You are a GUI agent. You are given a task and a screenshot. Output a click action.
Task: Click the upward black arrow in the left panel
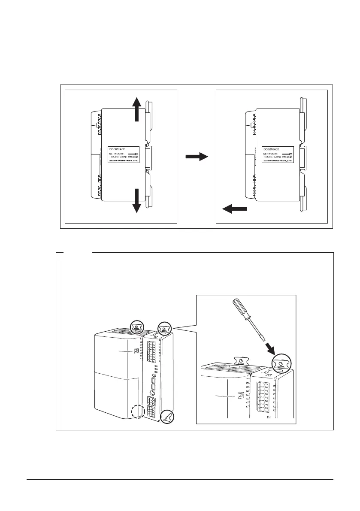pyautogui.click(x=136, y=109)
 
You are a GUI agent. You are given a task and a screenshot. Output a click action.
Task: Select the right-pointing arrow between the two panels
pyautogui.click(x=197, y=157)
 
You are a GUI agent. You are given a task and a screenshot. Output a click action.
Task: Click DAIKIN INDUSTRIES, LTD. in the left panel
pyautogui.click(x=124, y=161)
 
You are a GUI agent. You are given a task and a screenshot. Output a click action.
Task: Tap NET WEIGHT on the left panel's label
pyautogui.click(x=118, y=153)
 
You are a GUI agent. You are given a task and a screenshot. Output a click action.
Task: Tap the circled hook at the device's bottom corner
pyautogui.click(x=166, y=416)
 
